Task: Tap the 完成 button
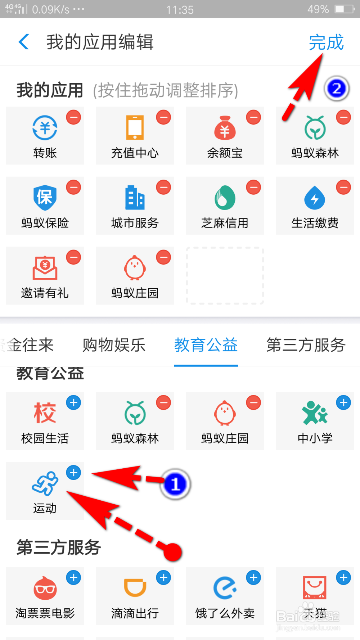[x=326, y=42]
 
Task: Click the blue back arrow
[x=24, y=42]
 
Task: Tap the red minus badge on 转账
[x=73, y=117]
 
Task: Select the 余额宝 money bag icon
[x=225, y=128]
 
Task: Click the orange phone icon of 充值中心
[x=135, y=127]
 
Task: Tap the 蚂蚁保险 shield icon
[x=45, y=198]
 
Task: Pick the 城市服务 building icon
[x=135, y=198]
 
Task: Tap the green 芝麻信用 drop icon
[x=225, y=198]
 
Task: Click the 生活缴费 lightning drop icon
[x=315, y=198]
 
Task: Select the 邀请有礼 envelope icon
[x=45, y=268]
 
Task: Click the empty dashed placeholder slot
[x=225, y=276]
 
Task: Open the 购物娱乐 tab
[x=114, y=345]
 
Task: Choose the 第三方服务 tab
[x=306, y=345]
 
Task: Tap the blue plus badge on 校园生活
[x=73, y=403]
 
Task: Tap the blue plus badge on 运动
[x=73, y=473]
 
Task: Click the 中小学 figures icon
[x=315, y=413]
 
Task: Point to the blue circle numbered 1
[x=175, y=484]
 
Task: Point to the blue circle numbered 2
[x=337, y=89]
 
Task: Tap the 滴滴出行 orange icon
[x=135, y=588]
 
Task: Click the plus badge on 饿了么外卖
[x=253, y=578]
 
